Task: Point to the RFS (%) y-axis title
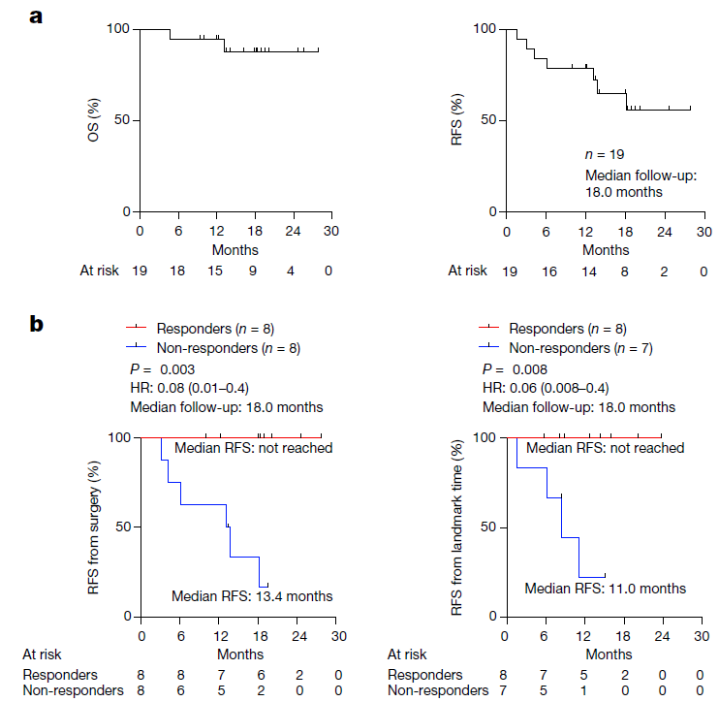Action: click(x=458, y=120)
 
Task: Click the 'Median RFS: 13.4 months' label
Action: click(x=251, y=595)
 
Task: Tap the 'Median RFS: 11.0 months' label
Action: click(x=605, y=588)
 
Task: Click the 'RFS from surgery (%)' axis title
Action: click(x=96, y=526)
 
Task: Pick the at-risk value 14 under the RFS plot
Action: click(x=586, y=271)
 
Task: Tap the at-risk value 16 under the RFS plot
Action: click(x=548, y=271)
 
